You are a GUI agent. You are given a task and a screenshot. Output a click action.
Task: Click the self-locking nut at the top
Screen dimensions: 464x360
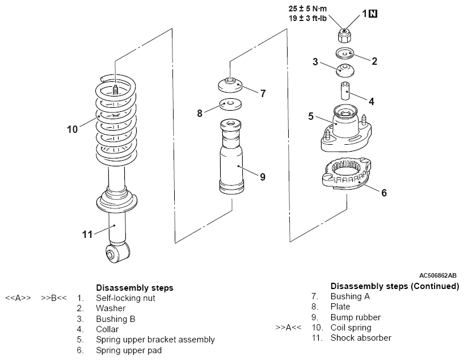pyautogui.click(x=345, y=36)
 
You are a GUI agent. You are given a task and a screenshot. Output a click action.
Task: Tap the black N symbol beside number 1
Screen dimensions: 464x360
pyautogui.click(x=373, y=14)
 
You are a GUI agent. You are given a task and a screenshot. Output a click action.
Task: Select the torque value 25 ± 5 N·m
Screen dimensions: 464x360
pyautogui.click(x=308, y=9)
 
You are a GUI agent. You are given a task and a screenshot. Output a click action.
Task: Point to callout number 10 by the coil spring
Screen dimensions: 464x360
pyautogui.click(x=72, y=129)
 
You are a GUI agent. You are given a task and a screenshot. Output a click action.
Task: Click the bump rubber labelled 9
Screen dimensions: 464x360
pyautogui.click(x=231, y=157)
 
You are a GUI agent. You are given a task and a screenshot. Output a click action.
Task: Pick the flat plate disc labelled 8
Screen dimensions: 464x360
pyautogui.click(x=230, y=104)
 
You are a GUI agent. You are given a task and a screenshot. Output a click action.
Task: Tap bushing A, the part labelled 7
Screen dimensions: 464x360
pyautogui.click(x=230, y=85)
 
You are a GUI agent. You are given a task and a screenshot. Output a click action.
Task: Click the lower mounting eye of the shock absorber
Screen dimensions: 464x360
pyautogui.click(x=117, y=252)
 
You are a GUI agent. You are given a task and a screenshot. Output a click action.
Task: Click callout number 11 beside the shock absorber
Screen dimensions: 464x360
pyautogui.click(x=87, y=235)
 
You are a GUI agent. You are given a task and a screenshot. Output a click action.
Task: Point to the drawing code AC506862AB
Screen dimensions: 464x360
pyautogui.click(x=438, y=275)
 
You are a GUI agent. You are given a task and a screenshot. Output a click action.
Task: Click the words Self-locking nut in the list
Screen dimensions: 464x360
pyautogui.click(x=125, y=298)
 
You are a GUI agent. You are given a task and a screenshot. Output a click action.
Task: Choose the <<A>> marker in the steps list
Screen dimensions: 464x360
pyautogui.click(x=18, y=298)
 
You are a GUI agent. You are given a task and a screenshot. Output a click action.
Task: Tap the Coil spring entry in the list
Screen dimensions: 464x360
pyautogui.click(x=351, y=328)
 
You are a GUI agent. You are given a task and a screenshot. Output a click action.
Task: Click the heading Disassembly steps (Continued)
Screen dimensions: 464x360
pyautogui.click(x=395, y=286)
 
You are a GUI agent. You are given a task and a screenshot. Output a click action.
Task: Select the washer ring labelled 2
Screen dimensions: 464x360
pyautogui.click(x=345, y=53)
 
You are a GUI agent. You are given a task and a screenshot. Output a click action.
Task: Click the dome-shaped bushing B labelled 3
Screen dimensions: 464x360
pyautogui.click(x=345, y=70)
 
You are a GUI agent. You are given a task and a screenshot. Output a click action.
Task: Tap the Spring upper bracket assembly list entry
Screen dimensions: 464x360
pyautogui.click(x=155, y=340)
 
